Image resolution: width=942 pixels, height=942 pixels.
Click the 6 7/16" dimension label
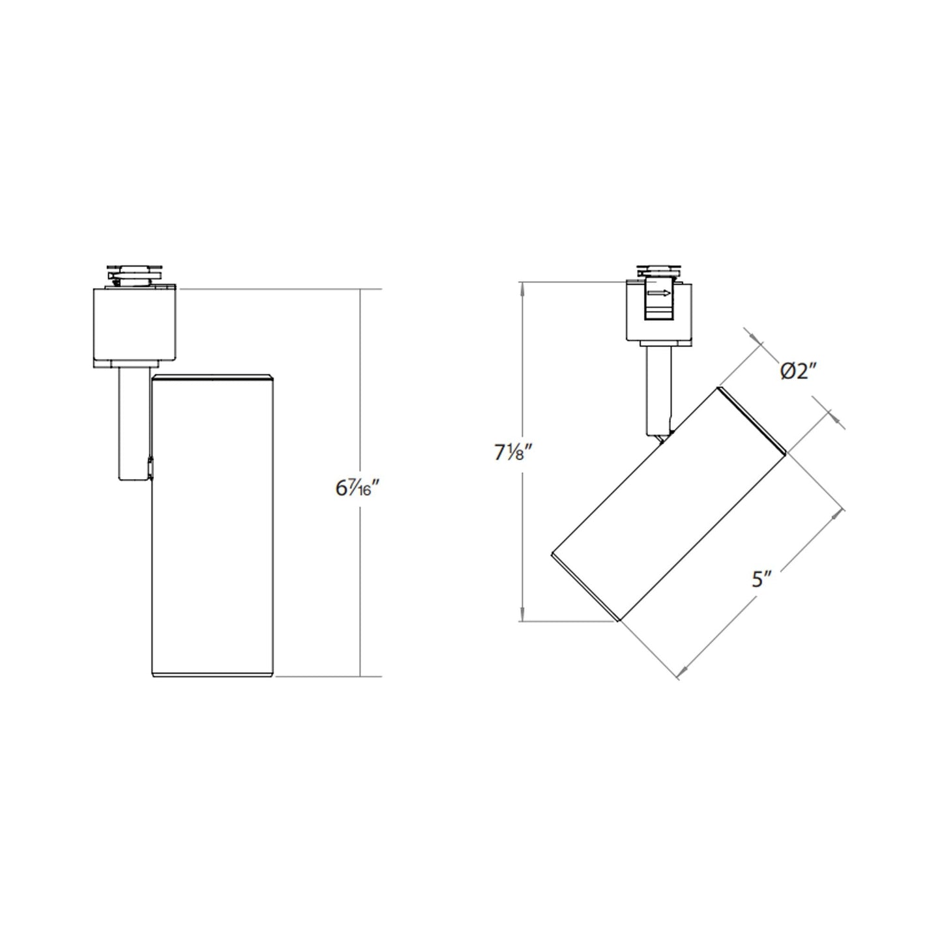coord(353,488)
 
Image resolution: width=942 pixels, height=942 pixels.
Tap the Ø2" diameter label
coord(798,372)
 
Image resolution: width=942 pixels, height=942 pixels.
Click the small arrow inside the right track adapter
coord(658,293)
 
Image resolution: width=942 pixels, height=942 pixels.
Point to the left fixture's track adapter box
coord(136,324)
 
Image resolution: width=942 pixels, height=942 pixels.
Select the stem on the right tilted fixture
coord(657,391)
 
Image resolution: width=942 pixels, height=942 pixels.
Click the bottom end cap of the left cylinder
coord(212,673)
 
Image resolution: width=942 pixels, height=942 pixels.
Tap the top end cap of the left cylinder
coord(212,377)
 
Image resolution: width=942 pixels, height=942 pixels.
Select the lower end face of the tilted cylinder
coord(584,587)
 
